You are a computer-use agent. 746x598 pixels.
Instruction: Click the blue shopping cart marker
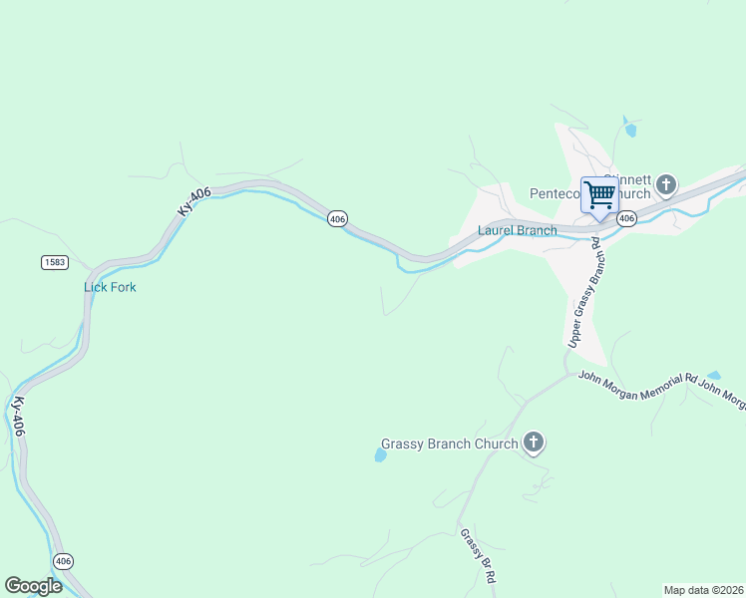(x=599, y=194)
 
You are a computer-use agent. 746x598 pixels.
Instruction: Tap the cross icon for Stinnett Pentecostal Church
(x=665, y=185)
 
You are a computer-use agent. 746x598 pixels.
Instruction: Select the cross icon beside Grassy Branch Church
(x=534, y=444)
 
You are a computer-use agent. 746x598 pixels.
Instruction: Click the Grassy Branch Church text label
(x=450, y=445)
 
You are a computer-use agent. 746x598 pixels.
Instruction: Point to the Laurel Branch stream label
(x=517, y=230)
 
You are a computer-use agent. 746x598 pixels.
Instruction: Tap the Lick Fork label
(x=110, y=287)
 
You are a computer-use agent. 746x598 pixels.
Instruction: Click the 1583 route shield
(x=56, y=262)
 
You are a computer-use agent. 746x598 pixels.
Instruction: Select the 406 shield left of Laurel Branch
(x=337, y=218)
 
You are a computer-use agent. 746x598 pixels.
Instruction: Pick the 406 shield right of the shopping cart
(x=626, y=218)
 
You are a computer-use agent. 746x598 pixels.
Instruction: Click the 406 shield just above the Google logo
(x=64, y=561)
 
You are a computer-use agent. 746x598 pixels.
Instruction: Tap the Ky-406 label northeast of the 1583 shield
(x=194, y=197)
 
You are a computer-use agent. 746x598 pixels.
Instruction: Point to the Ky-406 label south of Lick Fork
(x=18, y=417)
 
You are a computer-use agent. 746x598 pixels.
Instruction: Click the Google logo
(x=33, y=586)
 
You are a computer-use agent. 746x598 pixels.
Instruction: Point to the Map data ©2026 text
(x=703, y=590)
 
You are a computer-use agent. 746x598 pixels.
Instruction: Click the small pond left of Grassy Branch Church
(x=380, y=455)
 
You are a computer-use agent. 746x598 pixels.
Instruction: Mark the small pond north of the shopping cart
(x=629, y=128)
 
